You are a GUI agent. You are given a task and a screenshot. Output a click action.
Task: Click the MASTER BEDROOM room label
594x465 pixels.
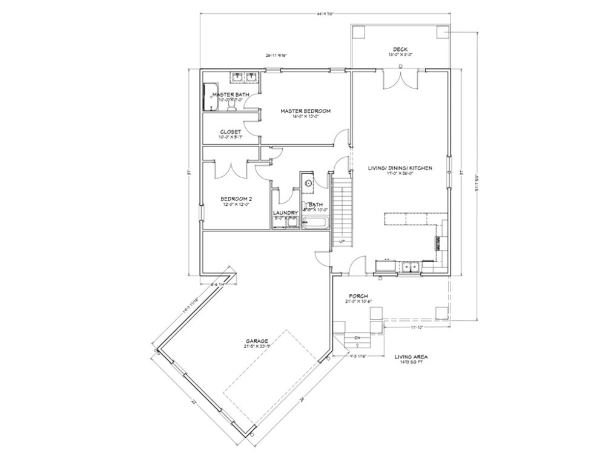point(305,111)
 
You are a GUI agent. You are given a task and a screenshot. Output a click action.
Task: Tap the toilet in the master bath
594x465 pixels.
point(231,106)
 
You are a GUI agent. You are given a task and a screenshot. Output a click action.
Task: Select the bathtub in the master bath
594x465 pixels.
point(210,97)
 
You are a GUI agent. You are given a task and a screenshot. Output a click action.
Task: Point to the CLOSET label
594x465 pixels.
point(231,131)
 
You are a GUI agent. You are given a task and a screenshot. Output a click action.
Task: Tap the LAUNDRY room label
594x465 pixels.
point(285,213)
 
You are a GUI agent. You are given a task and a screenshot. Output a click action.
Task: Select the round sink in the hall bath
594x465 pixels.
point(308,182)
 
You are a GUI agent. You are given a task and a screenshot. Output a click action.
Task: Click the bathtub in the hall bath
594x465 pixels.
point(315,223)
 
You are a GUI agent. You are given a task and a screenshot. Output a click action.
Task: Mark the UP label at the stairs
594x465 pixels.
point(342,241)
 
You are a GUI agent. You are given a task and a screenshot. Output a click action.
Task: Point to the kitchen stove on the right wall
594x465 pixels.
point(438,243)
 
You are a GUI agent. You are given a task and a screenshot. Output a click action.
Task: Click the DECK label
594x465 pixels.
point(400,49)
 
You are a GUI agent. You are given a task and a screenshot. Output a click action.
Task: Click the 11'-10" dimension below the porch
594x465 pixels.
point(415,328)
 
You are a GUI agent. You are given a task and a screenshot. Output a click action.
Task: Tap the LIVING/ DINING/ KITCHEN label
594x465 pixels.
point(400,168)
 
